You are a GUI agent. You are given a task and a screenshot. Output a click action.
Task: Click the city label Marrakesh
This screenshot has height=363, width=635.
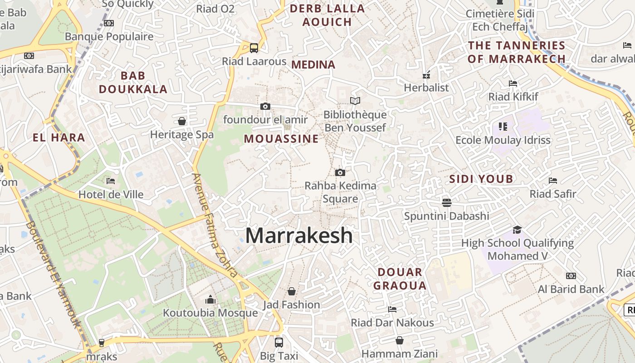(x=299, y=235)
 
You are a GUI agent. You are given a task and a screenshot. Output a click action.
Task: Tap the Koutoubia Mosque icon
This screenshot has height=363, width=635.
(x=210, y=299)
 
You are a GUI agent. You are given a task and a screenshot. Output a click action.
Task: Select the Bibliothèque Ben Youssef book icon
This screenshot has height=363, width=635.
(x=355, y=101)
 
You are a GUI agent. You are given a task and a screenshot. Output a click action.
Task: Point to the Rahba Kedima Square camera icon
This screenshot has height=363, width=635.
(x=340, y=172)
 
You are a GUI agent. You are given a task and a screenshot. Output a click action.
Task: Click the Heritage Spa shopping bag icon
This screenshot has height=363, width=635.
(x=182, y=121)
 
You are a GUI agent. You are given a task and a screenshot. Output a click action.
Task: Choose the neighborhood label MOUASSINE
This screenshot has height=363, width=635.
(x=281, y=139)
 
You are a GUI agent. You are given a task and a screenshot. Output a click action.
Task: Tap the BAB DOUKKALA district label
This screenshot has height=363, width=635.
(x=133, y=82)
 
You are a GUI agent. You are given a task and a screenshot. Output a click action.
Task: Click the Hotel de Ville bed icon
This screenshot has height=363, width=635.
(x=111, y=181)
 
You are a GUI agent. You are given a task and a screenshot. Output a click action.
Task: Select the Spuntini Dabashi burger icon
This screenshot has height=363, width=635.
(x=447, y=202)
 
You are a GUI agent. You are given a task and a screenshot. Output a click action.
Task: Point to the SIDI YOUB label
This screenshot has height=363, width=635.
(x=481, y=179)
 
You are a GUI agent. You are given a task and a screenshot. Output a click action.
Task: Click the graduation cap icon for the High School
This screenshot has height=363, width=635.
(x=517, y=230)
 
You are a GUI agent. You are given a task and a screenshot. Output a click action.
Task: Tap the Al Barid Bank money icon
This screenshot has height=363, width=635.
(x=571, y=276)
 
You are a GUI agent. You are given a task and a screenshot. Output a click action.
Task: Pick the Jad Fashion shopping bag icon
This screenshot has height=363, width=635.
(x=292, y=291)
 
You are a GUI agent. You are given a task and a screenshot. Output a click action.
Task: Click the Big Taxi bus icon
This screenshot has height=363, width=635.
(x=279, y=342)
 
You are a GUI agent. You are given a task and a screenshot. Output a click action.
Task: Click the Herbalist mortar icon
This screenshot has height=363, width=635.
(x=426, y=74)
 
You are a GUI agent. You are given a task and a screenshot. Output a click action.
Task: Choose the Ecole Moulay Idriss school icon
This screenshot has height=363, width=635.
(x=503, y=127)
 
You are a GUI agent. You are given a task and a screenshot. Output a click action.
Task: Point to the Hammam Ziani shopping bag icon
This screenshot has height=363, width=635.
(x=400, y=340)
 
